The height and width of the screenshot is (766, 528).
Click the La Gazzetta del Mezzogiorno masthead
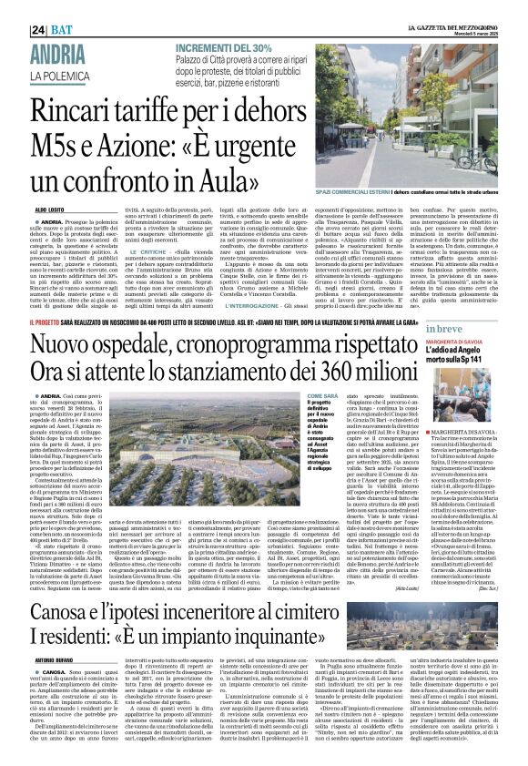click(452, 6)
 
